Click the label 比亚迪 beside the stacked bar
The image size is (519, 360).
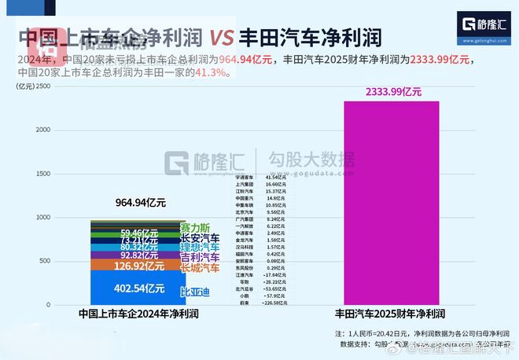coord(195,292)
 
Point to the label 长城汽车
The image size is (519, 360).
coord(200,268)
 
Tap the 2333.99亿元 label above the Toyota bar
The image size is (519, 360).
coord(393,92)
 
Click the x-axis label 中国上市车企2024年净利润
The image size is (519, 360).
coord(138,314)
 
